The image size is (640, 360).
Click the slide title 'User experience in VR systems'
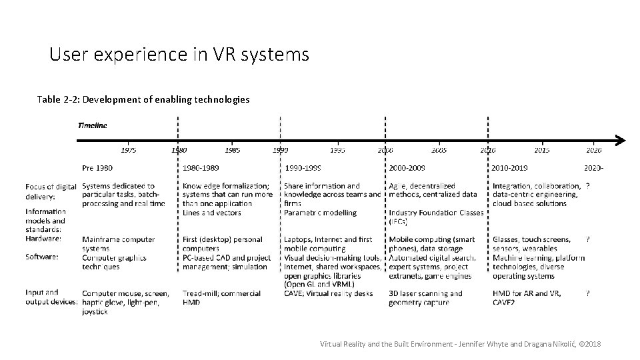[x=179, y=54]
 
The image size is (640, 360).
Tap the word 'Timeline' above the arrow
[x=92, y=125]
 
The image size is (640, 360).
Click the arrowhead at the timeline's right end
[x=619, y=141]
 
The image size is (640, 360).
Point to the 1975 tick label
[x=128, y=151]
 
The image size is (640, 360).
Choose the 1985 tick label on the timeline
[x=232, y=151]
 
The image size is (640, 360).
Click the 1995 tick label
[x=337, y=151]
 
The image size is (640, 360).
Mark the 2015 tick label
[x=541, y=151]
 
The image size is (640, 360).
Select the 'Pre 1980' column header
[x=97, y=168]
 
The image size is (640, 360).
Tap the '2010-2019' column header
[x=511, y=168]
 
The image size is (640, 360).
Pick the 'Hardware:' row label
[x=43, y=239]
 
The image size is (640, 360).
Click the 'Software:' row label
[x=43, y=256]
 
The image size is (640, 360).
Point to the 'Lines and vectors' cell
[x=212, y=213]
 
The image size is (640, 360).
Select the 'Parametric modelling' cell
[x=320, y=213]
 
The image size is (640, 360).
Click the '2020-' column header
[x=595, y=168]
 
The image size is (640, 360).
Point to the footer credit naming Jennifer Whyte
[x=461, y=343]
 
